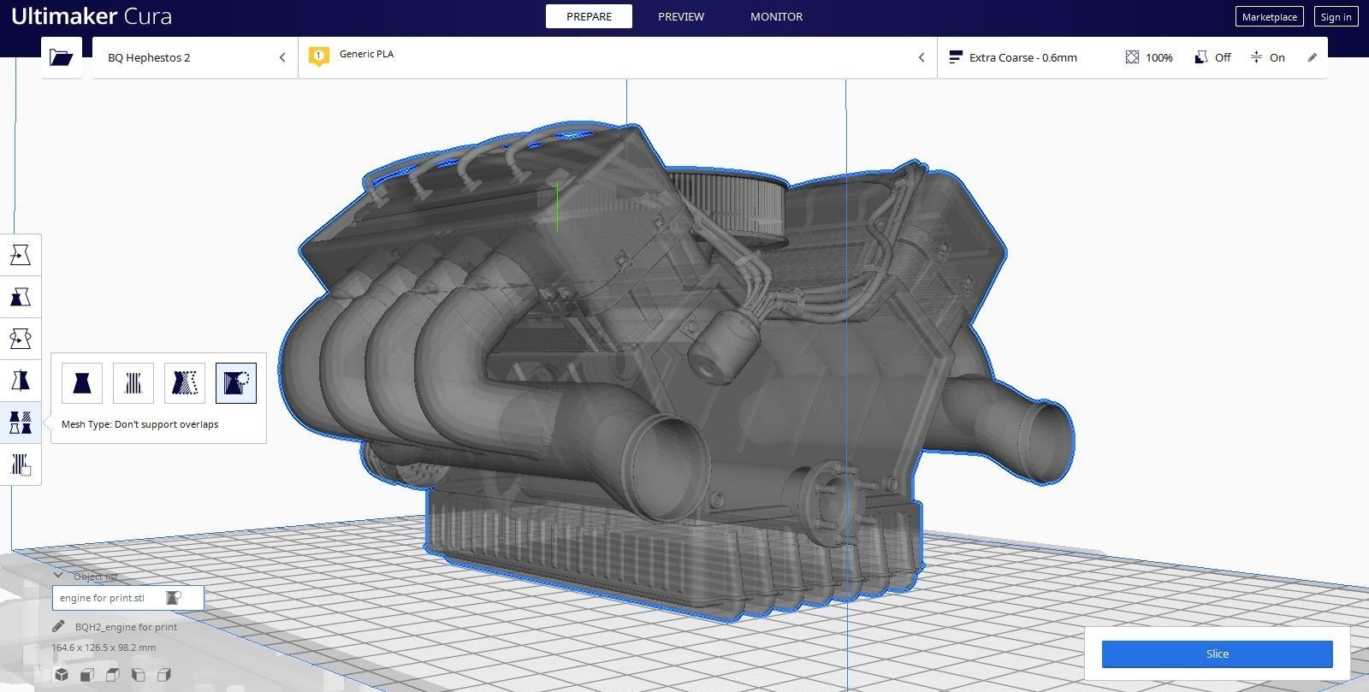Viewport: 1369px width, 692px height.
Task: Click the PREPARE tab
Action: tap(589, 16)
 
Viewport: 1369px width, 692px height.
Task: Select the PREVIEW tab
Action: tap(681, 16)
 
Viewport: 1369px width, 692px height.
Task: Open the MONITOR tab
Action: tap(776, 16)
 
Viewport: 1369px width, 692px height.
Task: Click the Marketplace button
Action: tap(1269, 17)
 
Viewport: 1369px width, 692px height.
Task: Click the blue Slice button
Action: tap(1217, 654)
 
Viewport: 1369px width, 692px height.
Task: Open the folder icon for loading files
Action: tap(62, 57)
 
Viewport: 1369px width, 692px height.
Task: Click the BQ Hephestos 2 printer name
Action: tap(149, 57)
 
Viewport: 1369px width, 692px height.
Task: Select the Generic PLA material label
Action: tap(366, 54)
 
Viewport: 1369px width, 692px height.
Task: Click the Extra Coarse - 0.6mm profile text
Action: tap(1022, 57)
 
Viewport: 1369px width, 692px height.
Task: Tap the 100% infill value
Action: tap(1159, 57)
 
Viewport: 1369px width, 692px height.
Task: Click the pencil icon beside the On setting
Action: tap(1312, 57)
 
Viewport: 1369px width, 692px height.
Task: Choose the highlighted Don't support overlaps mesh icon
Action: tap(235, 382)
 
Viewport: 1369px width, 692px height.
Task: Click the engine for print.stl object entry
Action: tap(103, 598)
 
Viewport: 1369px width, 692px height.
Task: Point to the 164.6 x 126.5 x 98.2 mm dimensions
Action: tap(104, 648)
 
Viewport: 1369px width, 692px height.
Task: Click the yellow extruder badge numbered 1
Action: tap(318, 56)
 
